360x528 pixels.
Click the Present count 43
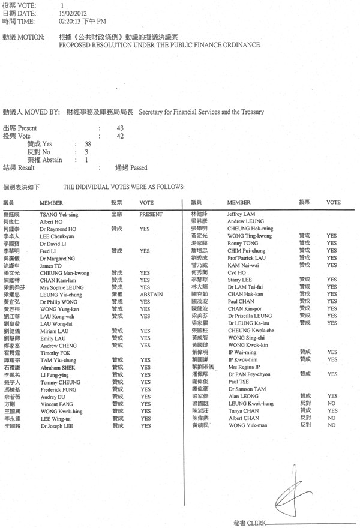[x=120, y=128]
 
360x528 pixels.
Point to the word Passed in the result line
[x=139, y=168]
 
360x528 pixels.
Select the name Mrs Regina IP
[x=243, y=367]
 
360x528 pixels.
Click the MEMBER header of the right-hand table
[x=239, y=203]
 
